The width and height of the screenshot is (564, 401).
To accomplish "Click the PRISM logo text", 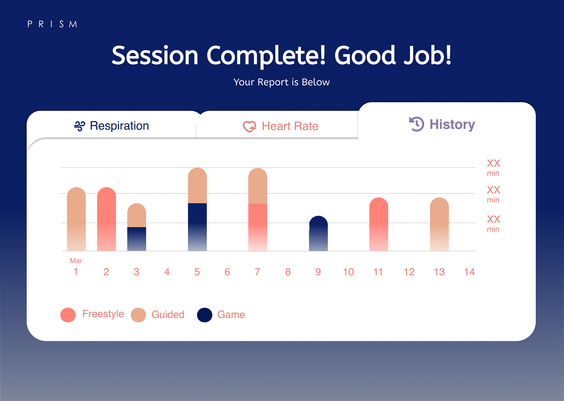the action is pyautogui.click(x=52, y=24).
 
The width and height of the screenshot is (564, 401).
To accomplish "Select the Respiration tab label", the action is pyautogui.click(x=119, y=126).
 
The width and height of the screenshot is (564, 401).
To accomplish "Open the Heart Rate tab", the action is pyautogui.click(x=290, y=126).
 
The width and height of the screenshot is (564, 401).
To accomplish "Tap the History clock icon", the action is pyautogui.click(x=417, y=124).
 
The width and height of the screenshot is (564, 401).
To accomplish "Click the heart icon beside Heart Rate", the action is pyautogui.click(x=249, y=127).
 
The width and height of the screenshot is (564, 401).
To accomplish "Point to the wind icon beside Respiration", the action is pyautogui.click(x=80, y=126).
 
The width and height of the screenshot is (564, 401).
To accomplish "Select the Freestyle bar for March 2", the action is pyautogui.click(x=106, y=219).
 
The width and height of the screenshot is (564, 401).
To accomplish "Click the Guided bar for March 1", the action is pyautogui.click(x=76, y=219).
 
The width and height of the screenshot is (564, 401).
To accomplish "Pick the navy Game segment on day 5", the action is pyautogui.click(x=197, y=227).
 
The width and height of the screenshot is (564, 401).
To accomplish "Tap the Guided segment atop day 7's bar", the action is pyautogui.click(x=258, y=186).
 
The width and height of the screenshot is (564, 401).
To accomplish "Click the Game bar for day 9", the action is pyautogui.click(x=318, y=234).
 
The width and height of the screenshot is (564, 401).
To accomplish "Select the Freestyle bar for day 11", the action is pyautogui.click(x=379, y=224).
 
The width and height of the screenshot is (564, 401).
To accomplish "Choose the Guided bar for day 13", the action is pyautogui.click(x=439, y=224).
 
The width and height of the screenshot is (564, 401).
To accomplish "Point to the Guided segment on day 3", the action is pyautogui.click(x=137, y=215).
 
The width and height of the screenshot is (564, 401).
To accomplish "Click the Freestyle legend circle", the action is pyautogui.click(x=68, y=315).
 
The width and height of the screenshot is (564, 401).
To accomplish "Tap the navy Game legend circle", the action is pyautogui.click(x=205, y=315).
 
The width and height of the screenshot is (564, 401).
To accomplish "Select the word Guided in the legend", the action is pyautogui.click(x=168, y=315).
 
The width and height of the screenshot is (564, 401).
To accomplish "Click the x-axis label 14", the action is pyautogui.click(x=469, y=272).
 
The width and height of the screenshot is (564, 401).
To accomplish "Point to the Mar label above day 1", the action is pyautogui.click(x=76, y=261).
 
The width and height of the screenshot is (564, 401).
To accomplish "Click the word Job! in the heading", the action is pyautogui.click(x=427, y=56).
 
